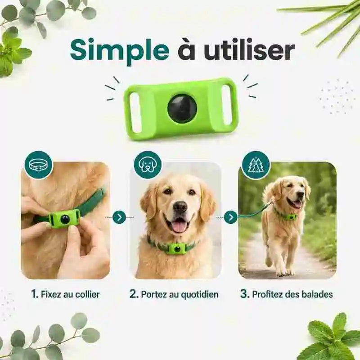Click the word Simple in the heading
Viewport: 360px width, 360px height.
120,50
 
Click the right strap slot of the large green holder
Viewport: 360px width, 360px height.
227,105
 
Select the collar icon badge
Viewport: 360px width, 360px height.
39,165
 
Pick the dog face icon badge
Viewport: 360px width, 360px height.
148,165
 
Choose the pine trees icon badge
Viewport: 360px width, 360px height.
256,165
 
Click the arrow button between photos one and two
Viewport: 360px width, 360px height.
119,217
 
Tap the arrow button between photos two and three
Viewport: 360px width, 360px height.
230,217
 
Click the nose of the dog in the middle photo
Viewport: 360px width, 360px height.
180,207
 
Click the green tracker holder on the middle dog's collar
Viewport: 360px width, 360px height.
176,249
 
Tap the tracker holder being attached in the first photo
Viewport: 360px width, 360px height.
64,219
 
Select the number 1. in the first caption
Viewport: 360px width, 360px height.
35,294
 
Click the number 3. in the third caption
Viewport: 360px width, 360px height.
245,294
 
